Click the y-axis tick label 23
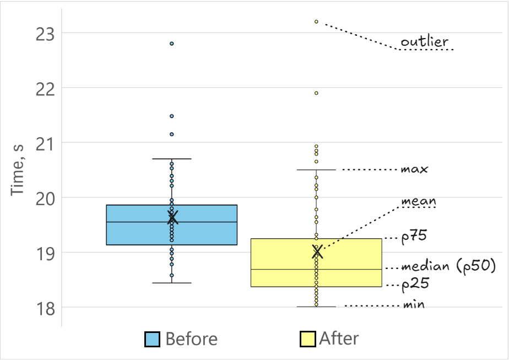(x=46, y=33)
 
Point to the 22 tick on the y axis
(x=46, y=88)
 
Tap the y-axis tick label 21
(x=46, y=143)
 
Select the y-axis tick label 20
(x=46, y=198)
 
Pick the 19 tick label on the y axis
(x=46, y=252)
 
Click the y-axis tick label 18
(x=46, y=307)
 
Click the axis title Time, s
(x=19, y=175)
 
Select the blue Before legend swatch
(x=152, y=339)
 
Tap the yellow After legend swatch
(x=307, y=339)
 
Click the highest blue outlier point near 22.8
(x=172, y=44)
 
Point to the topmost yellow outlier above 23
(x=316, y=22)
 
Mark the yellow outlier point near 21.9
(x=316, y=93)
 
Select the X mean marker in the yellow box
(x=317, y=252)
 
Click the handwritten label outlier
(x=424, y=42)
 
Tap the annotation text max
(x=414, y=169)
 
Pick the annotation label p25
(x=415, y=285)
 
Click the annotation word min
(x=413, y=305)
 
